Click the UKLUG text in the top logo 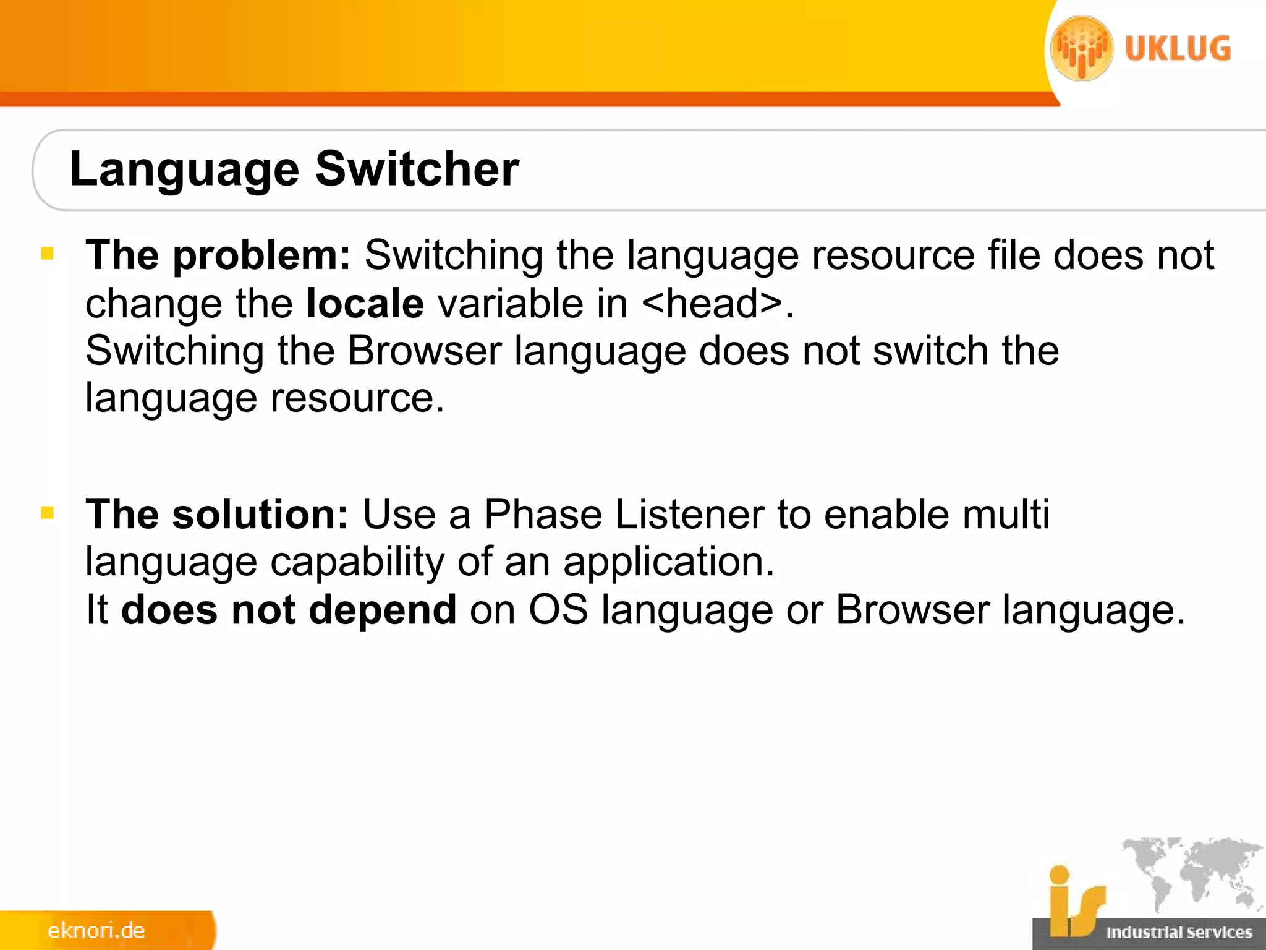coord(1178,49)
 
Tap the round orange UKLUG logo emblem coord(1082,48)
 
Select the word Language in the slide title coord(184,169)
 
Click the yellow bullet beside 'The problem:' coord(48,254)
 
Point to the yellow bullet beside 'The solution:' coord(48,513)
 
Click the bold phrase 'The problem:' coord(218,255)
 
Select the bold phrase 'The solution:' coord(217,514)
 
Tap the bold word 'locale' coord(365,303)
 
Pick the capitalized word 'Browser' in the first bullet coord(424,351)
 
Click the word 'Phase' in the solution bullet coord(543,514)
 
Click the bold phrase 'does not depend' coord(289,610)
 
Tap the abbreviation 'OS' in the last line coord(558,610)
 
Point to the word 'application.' coord(668,562)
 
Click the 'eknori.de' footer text coord(96,931)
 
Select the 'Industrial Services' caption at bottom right coord(1179,932)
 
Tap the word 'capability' coord(357,562)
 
